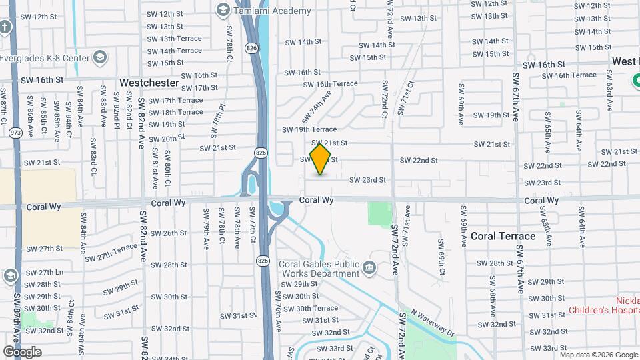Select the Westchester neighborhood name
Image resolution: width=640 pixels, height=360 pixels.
pos(149,83)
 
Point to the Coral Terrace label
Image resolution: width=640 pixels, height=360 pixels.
pos(503,236)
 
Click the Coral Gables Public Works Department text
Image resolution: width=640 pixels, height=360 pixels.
pos(319,269)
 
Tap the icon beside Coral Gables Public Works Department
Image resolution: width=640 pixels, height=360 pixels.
pos(369,269)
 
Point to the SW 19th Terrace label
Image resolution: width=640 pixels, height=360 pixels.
pos(309,129)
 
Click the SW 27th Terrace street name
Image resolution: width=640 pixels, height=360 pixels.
pos(111,253)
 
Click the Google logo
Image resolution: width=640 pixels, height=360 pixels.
pos(22,352)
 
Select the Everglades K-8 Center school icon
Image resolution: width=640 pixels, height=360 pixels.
pos(100,56)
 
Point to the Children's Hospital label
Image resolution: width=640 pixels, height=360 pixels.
pos(604,310)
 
